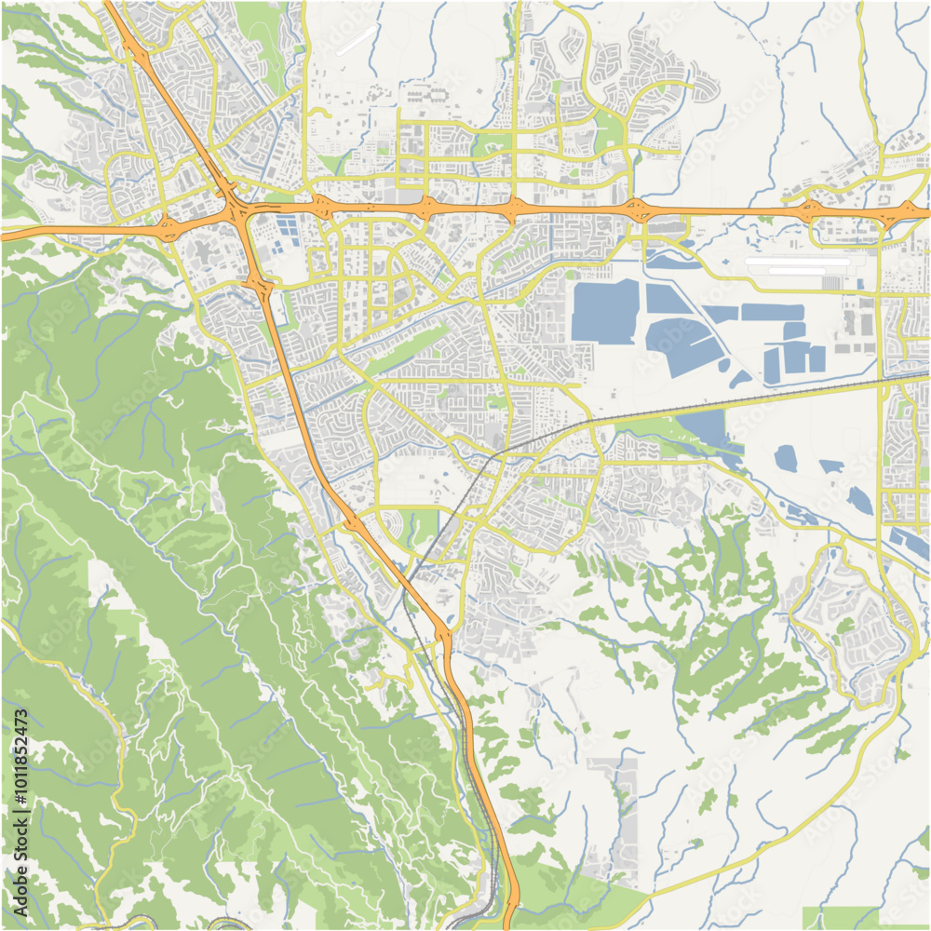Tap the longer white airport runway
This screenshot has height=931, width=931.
[x=798, y=262]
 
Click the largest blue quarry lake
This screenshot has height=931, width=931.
[x=604, y=312]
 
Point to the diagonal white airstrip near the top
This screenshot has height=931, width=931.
[x=357, y=40]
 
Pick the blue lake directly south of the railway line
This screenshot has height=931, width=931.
[x=703, y=427]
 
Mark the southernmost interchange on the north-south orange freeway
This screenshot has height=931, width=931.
[x=442, y=635]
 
